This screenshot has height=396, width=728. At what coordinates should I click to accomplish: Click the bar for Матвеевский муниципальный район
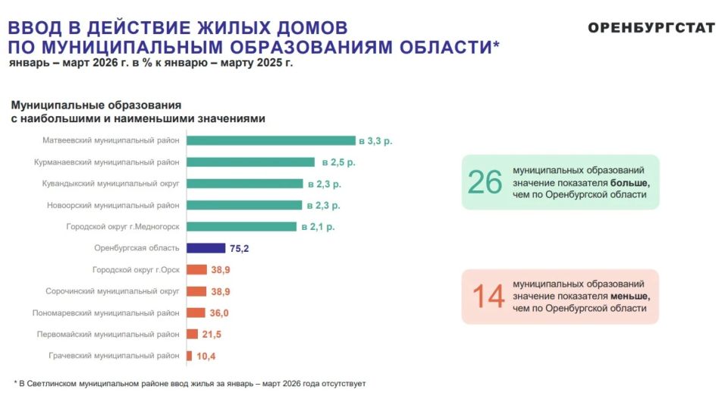271,140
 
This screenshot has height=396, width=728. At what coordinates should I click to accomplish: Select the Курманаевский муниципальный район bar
251,162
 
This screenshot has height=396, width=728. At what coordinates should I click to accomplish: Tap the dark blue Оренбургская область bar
206,248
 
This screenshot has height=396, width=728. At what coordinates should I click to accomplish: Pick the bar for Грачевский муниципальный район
190,356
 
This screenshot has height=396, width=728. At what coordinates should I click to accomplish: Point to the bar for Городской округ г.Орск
197,270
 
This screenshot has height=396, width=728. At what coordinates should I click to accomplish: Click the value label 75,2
239,248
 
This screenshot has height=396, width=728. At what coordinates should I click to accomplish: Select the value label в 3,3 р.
375,140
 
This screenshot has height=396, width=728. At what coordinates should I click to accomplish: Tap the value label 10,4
206,356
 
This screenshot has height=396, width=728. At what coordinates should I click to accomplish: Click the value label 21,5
212,335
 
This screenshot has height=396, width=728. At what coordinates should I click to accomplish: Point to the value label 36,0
219,313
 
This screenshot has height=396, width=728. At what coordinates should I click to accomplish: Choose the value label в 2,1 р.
318,227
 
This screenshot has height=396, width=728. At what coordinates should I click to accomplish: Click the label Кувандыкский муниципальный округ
111,184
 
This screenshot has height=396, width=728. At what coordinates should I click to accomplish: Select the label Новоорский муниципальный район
113,205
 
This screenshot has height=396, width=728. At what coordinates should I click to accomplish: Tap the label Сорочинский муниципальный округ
112,291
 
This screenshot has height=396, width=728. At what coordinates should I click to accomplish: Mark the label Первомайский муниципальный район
108,335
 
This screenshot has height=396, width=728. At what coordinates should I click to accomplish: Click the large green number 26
485,182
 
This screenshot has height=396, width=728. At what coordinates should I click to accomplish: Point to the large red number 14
488,297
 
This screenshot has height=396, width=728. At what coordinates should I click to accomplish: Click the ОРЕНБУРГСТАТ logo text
651,28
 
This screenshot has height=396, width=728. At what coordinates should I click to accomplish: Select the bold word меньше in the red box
630,296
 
